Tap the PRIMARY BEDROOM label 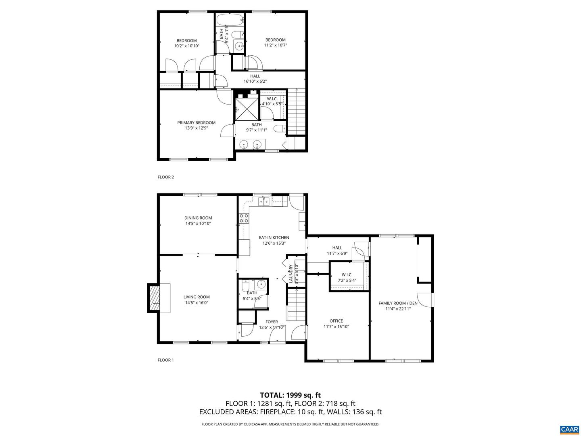196,123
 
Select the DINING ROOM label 198,218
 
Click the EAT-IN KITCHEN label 274,238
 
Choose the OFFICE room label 336,321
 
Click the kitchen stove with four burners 244,218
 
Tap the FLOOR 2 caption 165,177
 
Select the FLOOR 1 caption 165,360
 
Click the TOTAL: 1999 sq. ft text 290,395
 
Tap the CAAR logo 569,429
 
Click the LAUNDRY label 290,273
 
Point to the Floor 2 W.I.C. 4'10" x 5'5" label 272,101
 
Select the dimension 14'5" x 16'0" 196,303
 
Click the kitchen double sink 264,201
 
